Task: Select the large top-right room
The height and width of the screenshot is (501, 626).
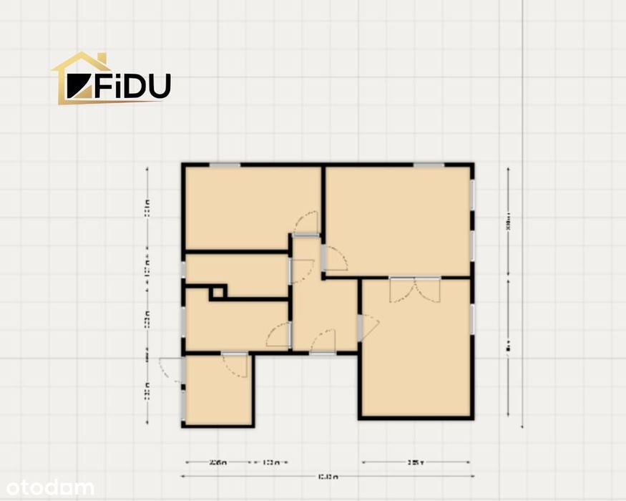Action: pos(398,218)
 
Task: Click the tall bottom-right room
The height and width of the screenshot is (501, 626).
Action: pos(415,351)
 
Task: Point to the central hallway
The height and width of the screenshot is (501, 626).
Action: pos(323,308)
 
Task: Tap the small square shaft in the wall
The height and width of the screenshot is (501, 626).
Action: pos(217,292)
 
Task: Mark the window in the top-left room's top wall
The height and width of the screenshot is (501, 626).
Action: pos(225,165)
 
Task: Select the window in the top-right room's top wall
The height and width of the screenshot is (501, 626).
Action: pos(429,165)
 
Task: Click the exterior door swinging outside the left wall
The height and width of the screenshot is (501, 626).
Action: pos(170,369)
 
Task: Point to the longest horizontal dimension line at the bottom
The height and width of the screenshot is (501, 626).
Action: pos(326,476)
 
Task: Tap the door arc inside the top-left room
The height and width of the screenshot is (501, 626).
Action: pos(305,223)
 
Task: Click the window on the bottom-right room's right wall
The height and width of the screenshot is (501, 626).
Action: pos(472,319)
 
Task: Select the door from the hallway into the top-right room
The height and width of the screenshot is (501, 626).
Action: pos(333,258)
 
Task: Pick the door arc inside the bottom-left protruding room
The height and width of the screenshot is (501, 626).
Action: pos(235,365)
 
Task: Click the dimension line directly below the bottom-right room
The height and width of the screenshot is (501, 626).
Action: pos(416,462)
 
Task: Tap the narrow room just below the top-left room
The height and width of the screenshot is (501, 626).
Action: pos(236,275)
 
